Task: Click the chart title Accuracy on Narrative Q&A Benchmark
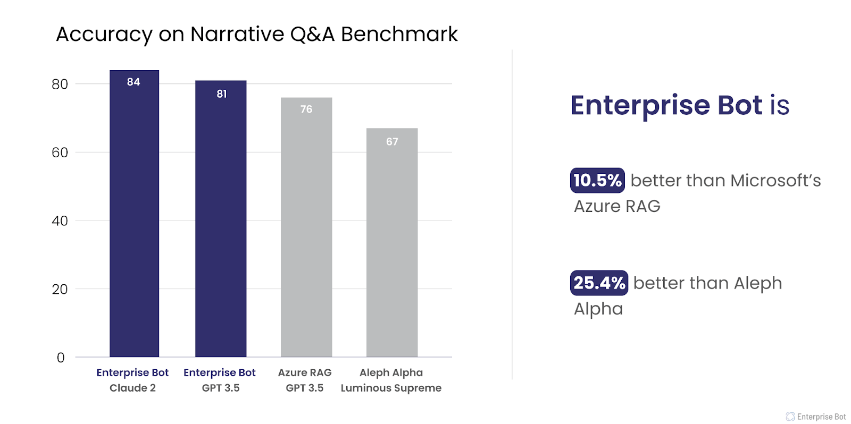pos(256,35)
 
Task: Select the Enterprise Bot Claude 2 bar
pos(134,223)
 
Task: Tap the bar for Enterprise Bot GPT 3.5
pos(221,228)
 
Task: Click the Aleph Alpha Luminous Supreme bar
pos(392,250)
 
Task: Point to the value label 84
pos(134,82)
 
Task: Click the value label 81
pos(222,94)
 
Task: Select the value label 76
pos(306,109)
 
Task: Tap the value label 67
pos(392,142)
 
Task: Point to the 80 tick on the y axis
pos(60,84)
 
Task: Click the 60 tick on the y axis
pos(60,152)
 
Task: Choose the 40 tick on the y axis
pos(60,221)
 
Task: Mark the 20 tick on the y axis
pos(60,290)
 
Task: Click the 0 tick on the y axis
pos(61,358)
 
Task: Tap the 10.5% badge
pos(597,180)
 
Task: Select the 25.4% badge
pos(599,283)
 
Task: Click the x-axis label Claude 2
pos(132,388)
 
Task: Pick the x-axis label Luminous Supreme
pos(391,388)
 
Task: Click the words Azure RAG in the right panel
pos(617,206)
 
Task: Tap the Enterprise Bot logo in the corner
pos(816,417)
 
